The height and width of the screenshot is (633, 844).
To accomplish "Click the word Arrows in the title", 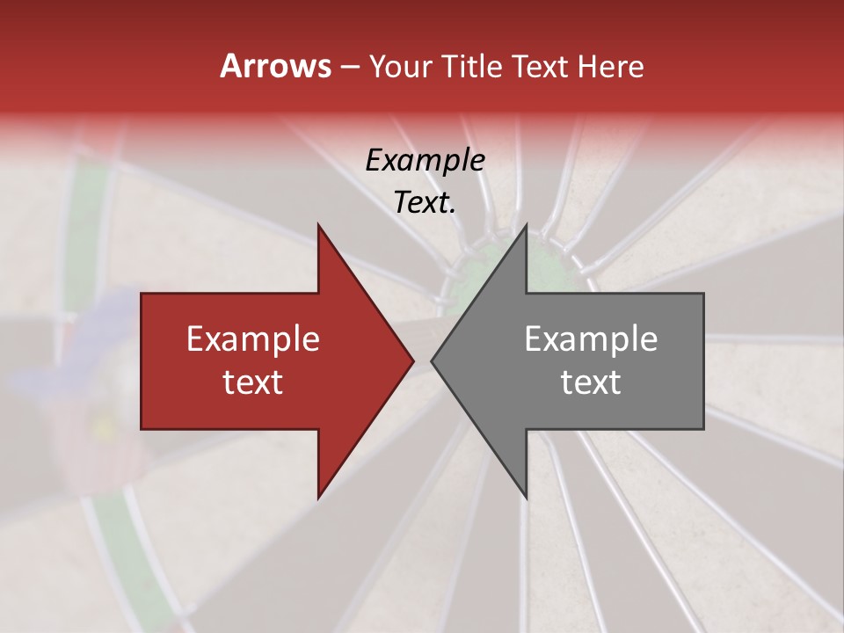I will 275,66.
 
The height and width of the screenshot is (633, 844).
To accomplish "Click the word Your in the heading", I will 400,66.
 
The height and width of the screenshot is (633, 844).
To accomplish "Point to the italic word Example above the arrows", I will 425,161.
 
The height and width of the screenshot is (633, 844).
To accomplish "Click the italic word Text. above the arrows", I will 425,203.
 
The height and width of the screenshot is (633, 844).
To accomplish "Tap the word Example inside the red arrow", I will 253,339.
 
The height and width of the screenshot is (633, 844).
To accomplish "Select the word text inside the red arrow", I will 253,382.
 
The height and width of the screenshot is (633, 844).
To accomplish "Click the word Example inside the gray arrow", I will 591,339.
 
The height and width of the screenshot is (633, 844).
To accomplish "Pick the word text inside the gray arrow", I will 591,382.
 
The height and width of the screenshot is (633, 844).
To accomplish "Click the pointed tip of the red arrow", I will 412,360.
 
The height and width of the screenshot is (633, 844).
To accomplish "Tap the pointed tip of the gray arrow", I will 433,360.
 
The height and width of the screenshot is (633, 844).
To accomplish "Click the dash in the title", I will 349,67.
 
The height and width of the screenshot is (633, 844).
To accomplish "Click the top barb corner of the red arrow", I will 318,226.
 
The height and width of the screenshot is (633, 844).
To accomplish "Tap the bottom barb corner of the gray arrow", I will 526,498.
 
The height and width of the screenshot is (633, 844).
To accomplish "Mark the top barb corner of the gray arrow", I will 526,226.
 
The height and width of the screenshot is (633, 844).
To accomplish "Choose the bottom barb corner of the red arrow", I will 318,498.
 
